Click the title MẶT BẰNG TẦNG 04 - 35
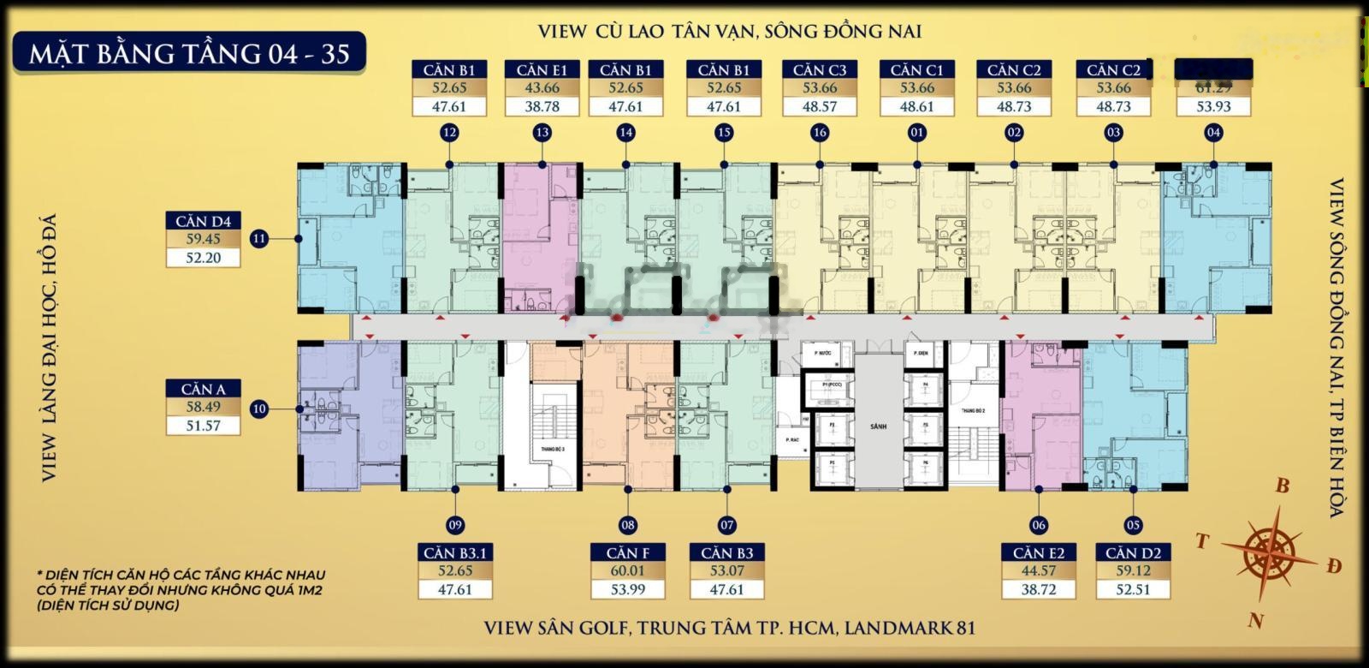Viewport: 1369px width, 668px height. [189, 53]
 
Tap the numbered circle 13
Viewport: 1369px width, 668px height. [542, 133]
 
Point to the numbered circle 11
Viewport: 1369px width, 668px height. [259, 239]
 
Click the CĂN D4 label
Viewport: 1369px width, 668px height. [203, 222]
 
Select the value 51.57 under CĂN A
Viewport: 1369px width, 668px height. [203, 426]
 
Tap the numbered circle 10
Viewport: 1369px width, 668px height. [259, 409]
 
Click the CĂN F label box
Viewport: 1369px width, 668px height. [628, 552]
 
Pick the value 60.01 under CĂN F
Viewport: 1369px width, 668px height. [628, 571]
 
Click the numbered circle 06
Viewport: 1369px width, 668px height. [1039, 525]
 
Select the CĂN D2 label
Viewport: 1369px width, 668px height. [1133, 552]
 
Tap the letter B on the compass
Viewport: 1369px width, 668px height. [1282, 486]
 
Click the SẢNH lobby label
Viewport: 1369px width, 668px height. [879, 426]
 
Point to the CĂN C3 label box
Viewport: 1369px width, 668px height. [820, 69]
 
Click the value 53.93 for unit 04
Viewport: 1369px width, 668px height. [1213, 107]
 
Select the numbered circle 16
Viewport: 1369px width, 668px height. [820, 133]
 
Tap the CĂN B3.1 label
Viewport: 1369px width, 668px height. [454, 552]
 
